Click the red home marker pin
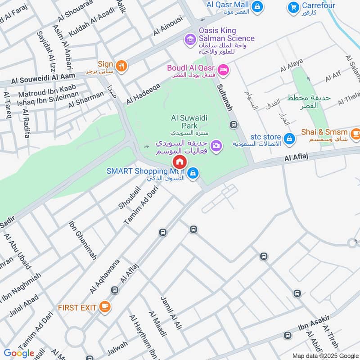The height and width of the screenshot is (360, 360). click(x=179, y=162)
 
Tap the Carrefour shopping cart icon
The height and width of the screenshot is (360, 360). click(x=293, y=7)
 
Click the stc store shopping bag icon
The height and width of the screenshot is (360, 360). click(x=290, y=138)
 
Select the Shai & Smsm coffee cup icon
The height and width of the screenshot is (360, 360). click(x=355, y=133)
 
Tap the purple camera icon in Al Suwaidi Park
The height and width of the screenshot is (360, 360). click(x=216, y=145)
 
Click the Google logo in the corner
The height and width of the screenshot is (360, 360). click(x=19, y=353)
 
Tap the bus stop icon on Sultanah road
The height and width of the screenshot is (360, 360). click(x=233, y=125)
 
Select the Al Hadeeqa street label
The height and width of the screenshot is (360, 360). click(x=143, y=94)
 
